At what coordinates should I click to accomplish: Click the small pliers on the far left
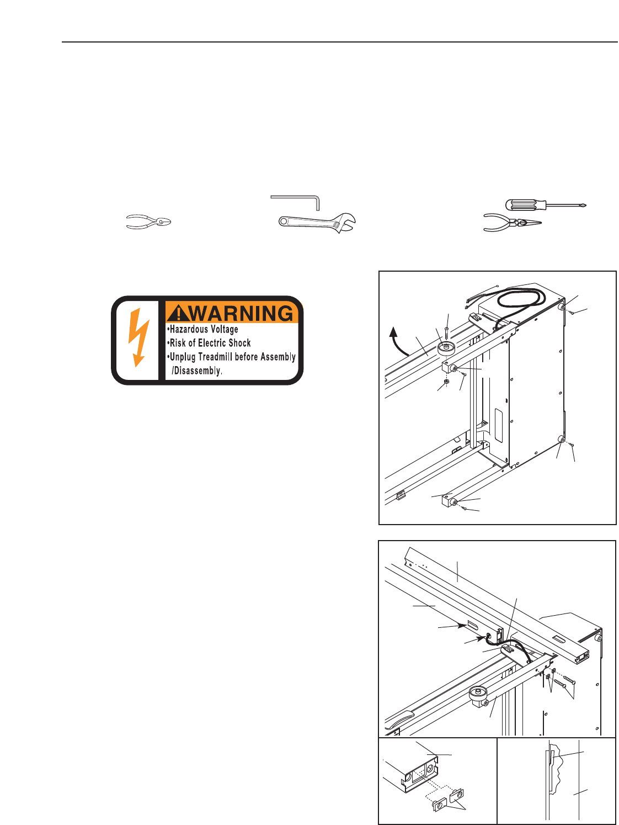pos(148,222)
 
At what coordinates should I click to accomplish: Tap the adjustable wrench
pos(317,222)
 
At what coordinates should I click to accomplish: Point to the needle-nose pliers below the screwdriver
pos(511,223)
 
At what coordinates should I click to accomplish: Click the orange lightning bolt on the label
pos(138,337)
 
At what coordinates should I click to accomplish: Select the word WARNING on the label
pos(242,313)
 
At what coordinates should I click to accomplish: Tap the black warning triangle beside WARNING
pos(178,314)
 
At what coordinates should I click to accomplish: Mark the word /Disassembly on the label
pos(197,371)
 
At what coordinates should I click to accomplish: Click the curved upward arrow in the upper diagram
pos(396,340)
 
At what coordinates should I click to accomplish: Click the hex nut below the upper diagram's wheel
pos(446,382)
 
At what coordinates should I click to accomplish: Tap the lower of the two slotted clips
pos(439,805)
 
